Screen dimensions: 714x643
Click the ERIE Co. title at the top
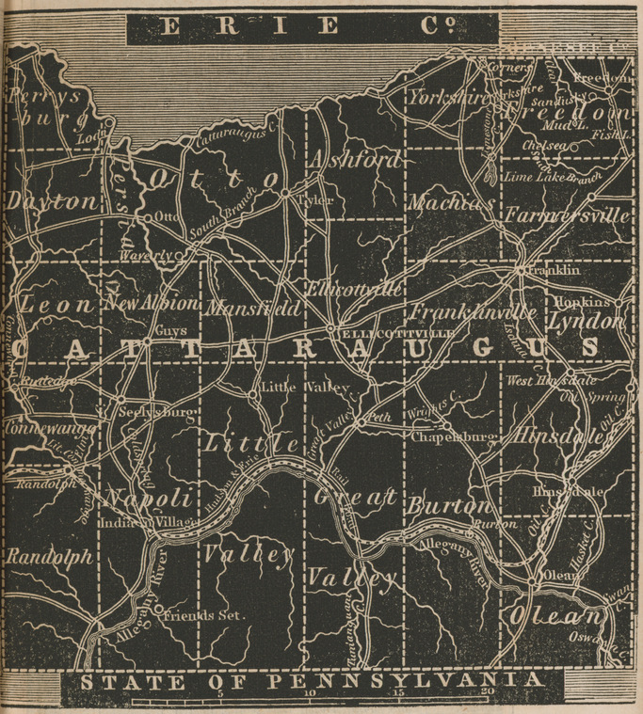[311, 27]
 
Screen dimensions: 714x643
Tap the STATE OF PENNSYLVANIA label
[311, 680]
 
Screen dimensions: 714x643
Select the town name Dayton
[52, 201]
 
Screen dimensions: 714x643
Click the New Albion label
[152, 305]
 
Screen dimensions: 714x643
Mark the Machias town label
[451, 202]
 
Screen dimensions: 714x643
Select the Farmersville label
[565, 215]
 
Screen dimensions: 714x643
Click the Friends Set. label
[204, 616]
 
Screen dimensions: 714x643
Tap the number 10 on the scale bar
[311, 695]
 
